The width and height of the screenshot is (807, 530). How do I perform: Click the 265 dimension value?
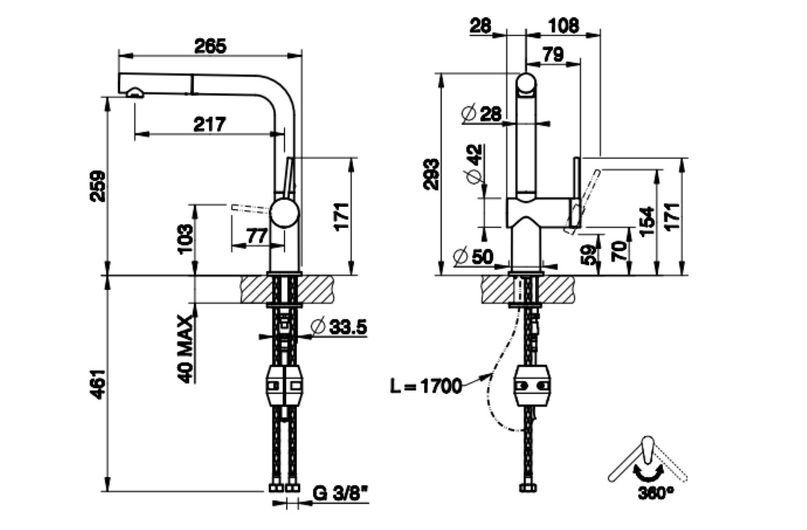[210, 46]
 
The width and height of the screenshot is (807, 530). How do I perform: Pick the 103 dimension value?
[185, 239]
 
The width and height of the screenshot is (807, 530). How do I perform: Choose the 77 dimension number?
[257, 236]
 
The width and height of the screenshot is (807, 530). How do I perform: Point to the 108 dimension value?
[564, 26]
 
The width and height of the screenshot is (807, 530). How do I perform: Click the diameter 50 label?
[474, 257]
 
